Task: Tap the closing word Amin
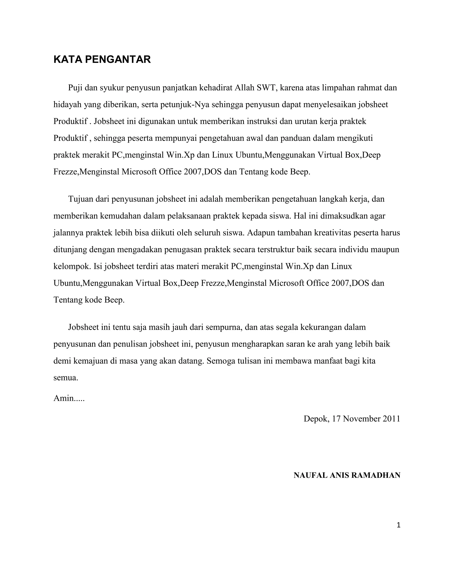64,398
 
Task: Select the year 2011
392,419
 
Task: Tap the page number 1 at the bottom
399,525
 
